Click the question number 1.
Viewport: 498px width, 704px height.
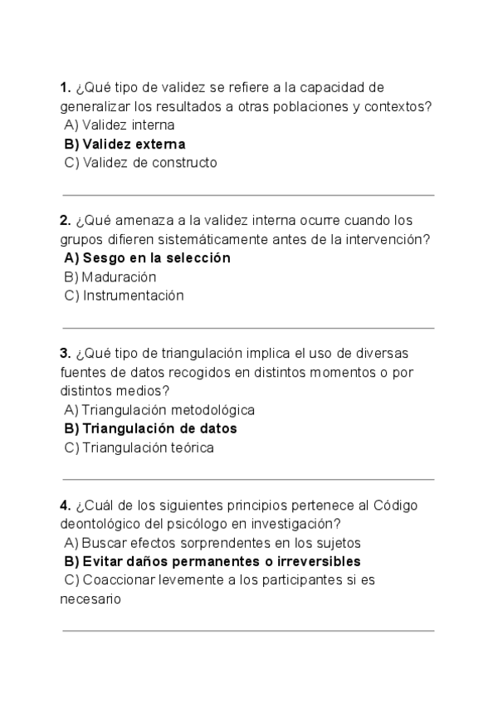pos(65,87)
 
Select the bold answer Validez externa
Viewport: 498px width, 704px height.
pos(124,144)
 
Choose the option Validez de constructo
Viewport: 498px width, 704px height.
pos(140,163)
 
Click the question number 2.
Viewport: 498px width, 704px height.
pos(65,220)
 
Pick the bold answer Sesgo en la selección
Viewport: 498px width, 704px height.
pos(147,258)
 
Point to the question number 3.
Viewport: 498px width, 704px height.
pos(65,353)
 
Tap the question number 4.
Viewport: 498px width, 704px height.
pos(65,505)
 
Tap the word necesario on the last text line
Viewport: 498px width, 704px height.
pos(91,598)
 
